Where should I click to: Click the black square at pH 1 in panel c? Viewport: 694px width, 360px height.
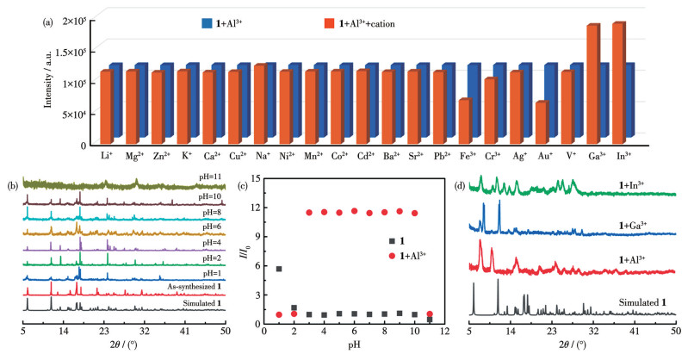point(279,270)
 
